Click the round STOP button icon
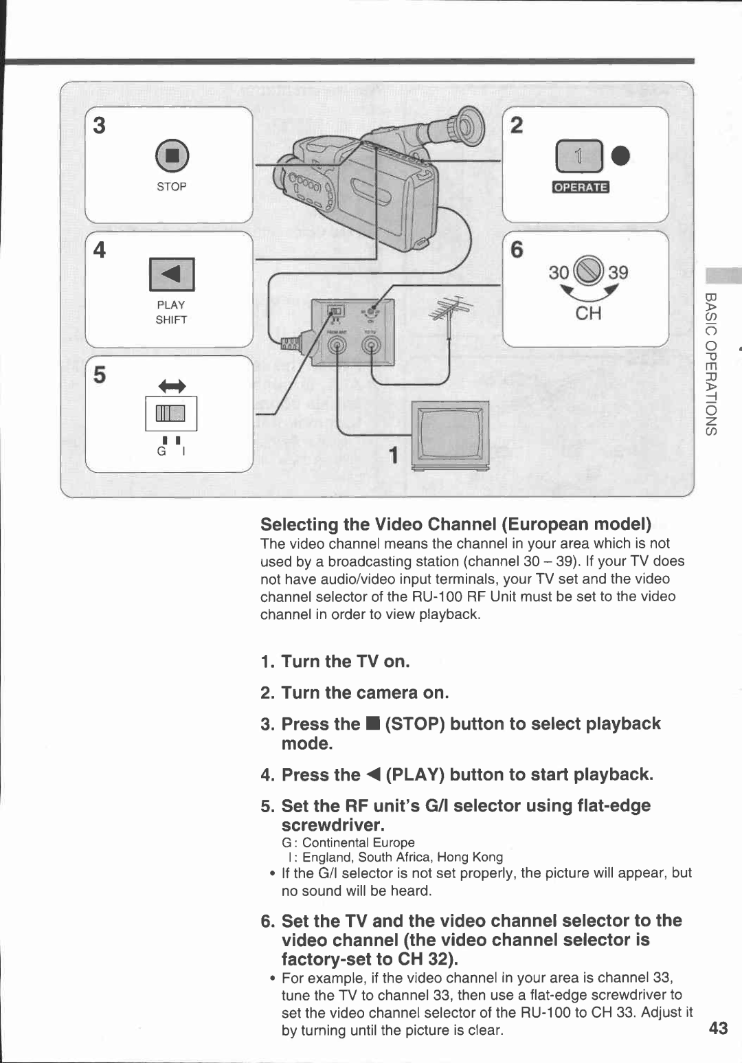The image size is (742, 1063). point(171,155)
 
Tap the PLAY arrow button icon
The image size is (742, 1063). point(172,274)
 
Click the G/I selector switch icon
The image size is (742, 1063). point(171,413)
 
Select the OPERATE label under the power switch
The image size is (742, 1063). point(581,188)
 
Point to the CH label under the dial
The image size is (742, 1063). point(588,314)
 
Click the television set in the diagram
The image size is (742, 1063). point(451,435)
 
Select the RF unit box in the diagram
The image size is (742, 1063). point(353,333)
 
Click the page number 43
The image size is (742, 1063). point(718,1028)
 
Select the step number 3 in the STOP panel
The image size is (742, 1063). point(100,126)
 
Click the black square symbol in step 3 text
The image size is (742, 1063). point(372,724)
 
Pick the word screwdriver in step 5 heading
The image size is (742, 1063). point(333,825)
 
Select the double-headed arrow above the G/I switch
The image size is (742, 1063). point(172,386)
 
